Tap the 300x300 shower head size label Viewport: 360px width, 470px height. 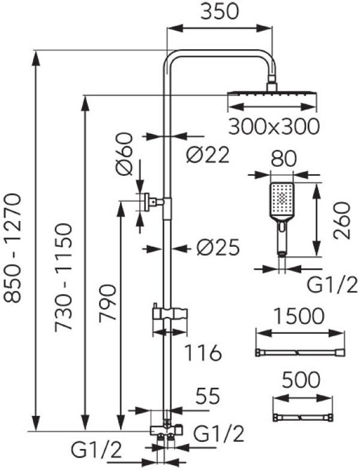coord(273,126)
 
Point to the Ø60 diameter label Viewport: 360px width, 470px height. coord(125,160)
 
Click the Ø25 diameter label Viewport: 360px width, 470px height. coord(217,247)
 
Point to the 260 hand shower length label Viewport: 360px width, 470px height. coord(343,220)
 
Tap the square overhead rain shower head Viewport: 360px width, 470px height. coord(272,94)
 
